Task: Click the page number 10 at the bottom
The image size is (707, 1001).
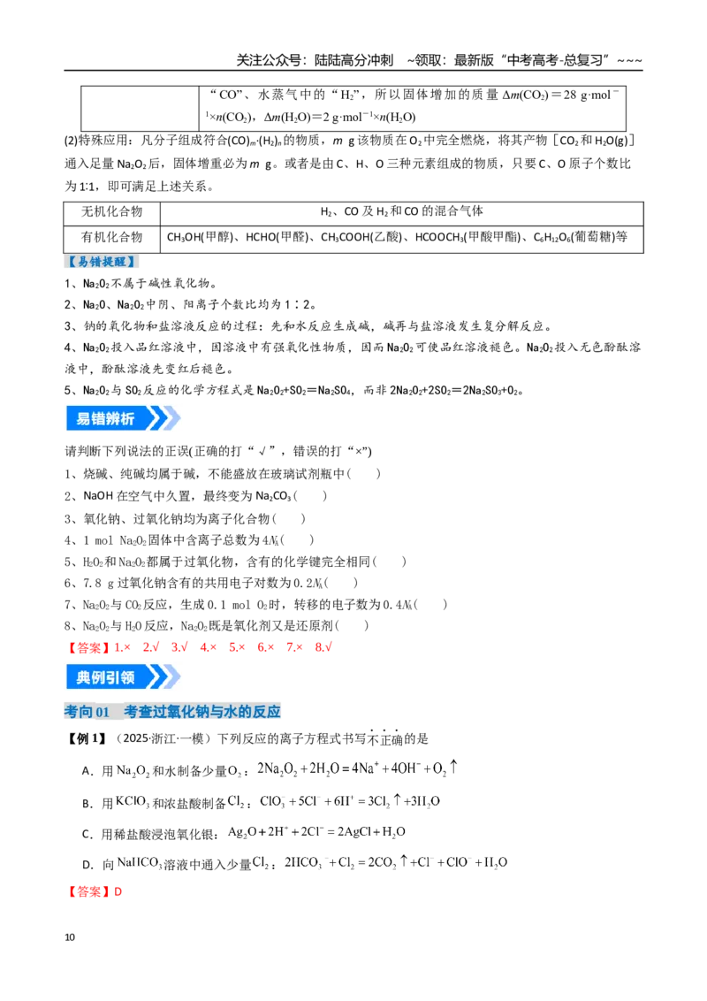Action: coord(70,937)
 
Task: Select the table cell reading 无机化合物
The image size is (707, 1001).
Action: coord(111,212)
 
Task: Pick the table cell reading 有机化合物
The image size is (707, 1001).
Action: coord(111,238)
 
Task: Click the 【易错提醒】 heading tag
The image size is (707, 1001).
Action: coord(102,262)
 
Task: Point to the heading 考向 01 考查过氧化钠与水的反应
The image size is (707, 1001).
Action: coord(172,711)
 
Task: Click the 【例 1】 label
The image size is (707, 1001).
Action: coord(87,738)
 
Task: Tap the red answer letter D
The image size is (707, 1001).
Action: coord(118,892)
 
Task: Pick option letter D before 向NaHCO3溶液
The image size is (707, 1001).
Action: coord(87,865)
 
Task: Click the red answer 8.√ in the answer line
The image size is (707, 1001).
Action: coord(323,647)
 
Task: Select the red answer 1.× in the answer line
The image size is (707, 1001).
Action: coord(123,647)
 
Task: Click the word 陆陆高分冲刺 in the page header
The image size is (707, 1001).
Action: coord(354,60)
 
